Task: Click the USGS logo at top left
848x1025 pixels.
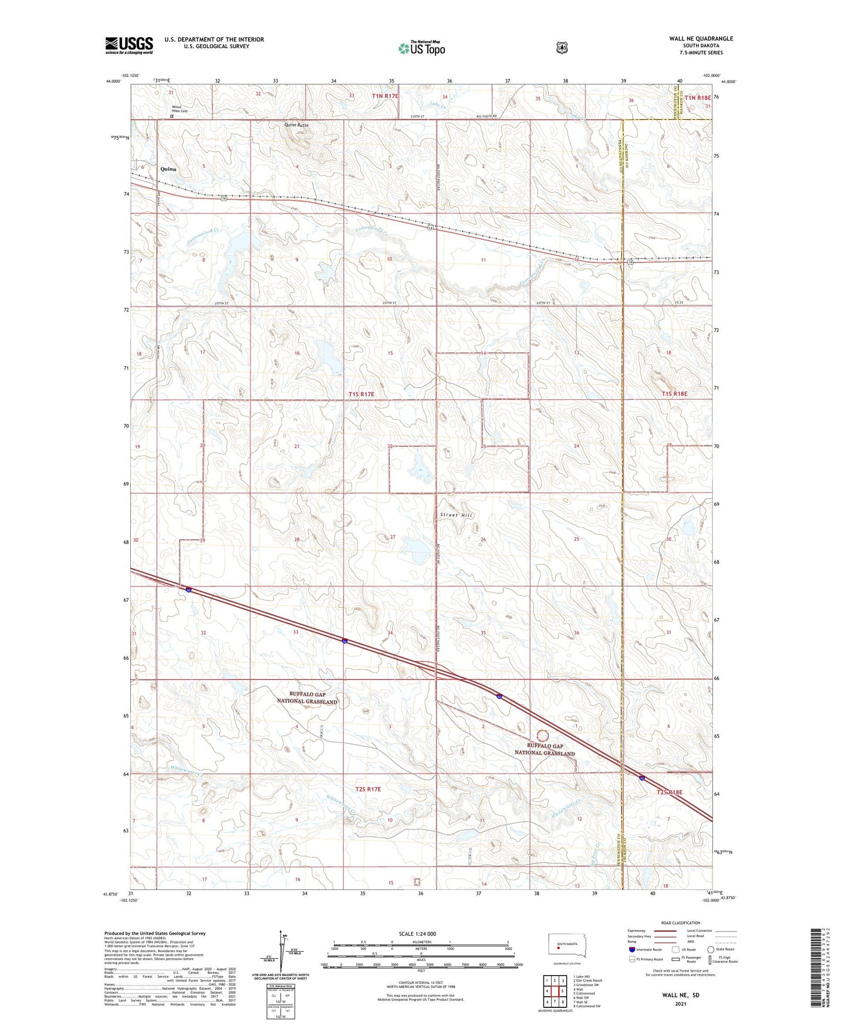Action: coord(129,45)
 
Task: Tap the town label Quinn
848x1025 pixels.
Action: coord(168,169)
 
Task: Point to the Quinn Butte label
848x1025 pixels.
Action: coord(296,125)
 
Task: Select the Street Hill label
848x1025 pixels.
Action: coord(456,515)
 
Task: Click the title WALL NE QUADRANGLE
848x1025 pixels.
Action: coord(701,39)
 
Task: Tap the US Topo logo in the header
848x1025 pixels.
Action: coord(421,48)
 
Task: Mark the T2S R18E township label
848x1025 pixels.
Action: coord(670,793)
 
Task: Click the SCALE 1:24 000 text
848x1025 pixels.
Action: coord(417,933)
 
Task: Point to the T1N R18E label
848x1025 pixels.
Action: coord(695,97)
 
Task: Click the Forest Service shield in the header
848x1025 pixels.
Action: coord(562,47)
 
